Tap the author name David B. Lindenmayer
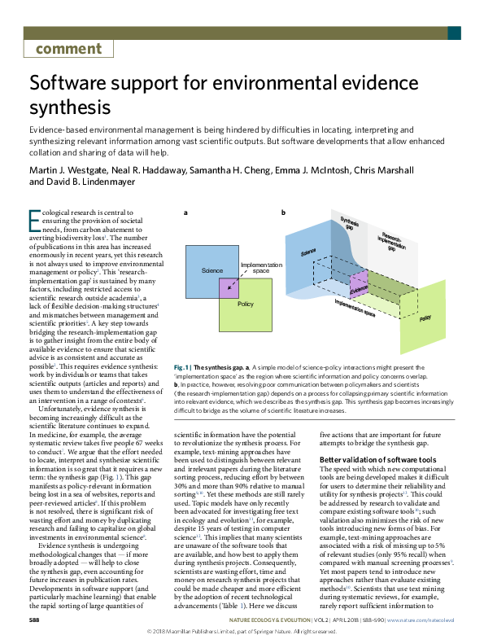[x=90, y=182]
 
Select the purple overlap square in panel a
[x=227, y=287]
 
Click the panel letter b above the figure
[x=283, y=212]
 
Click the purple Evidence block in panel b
[x=359, y=290]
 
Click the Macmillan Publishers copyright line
[x=242, y=632]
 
